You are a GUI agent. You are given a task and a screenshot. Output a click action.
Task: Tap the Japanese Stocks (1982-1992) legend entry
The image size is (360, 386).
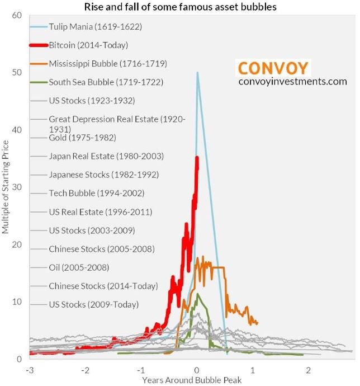(103, 174)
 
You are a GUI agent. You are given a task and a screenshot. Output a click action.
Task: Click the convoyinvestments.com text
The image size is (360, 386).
(292, 82)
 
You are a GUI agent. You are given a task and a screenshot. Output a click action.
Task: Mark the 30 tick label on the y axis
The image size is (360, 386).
(16, 187)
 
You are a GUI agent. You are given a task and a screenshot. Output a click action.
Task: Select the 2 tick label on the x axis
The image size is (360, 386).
(308, 370)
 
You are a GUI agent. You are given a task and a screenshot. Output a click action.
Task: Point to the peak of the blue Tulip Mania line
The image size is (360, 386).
(197, 72)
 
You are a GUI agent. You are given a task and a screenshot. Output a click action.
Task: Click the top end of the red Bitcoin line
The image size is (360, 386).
(197, 158)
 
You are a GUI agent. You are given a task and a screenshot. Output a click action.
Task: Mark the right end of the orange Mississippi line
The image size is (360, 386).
(257, 323)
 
